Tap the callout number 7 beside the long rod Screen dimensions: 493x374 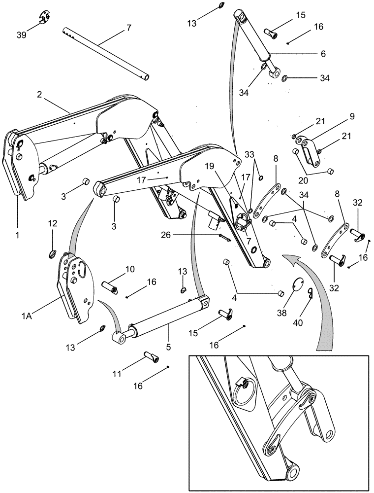128,28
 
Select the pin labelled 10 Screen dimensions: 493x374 109,287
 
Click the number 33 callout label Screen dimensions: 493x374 250,154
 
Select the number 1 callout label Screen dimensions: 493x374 17,236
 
